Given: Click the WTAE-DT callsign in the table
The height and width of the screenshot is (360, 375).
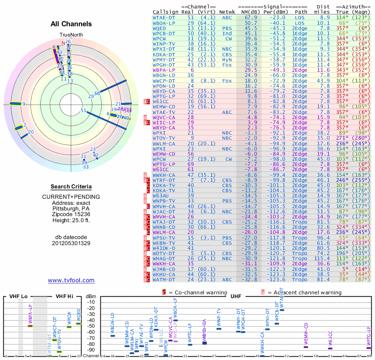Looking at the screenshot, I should (x=164, y=17).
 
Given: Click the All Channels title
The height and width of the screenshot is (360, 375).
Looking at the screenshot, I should (x=71, y=24).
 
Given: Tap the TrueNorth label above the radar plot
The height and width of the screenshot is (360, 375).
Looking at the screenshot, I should (x=71, y=35).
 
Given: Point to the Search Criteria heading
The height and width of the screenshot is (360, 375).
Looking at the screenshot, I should (x=71, y=187).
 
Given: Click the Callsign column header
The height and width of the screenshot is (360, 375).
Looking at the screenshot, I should (x=166, y=12).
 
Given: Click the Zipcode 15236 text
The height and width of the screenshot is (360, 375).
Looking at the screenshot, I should (x=71, y=213).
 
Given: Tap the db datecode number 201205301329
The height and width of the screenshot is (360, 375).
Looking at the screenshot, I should (x=71, y=243).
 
